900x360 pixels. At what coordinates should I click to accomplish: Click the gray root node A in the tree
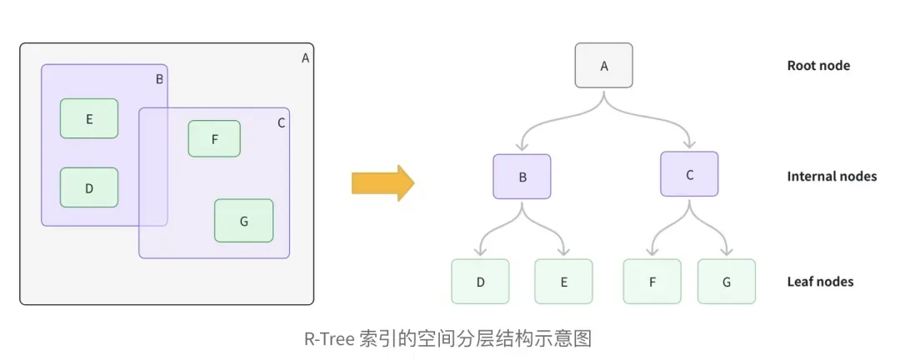pyautogui.click(x=604, y=66)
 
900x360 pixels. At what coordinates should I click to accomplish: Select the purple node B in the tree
pyautogui.click(x=522, y=177)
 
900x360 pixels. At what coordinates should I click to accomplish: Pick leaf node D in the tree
pyautogui.click(x=480, y=282)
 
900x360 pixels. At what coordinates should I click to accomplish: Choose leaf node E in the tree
pyautogui.click(x=563, y=282)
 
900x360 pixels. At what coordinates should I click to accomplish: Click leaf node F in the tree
pyautogui.click(x=652, y=282)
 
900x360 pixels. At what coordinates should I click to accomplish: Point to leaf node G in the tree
pyautogui.click(x=727, y=282)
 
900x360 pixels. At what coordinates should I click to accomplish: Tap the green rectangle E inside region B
pyautogui.click(x=89, y=118)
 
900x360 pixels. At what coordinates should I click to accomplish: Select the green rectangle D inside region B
pyautogui.click(x=89, y=187)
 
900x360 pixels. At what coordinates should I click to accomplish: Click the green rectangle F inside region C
pyautogui.click(x=214, y=139)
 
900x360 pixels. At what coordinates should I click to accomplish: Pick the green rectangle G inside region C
pyautogui.click(x=243, y=221)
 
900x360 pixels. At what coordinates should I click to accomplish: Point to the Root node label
pyautogui.click(x=818, y=66)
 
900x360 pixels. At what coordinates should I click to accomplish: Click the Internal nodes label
pyautogui.click(x=832, y=177)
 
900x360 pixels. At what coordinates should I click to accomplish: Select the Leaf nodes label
pyautogui.click(x=820, y=282)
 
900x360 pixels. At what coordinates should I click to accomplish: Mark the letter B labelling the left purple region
pyautogui.click(x=159, y=80)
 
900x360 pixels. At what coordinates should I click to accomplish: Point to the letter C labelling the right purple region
pyautogui.click(x=281, y=123)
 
